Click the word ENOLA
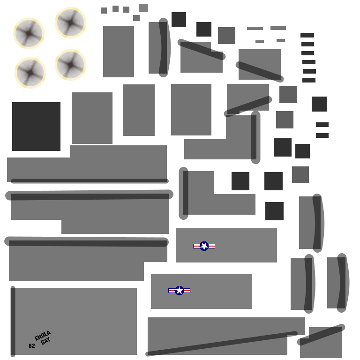pyautogui.click(x=43, y=336)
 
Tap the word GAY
pyautogui.click(x=45, y=341)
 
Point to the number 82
pyautogui.click(x=32, y=346)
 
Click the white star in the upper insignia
pyautogui.click(x=204, y=246)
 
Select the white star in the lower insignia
pyautogui.click(x=180, y=291)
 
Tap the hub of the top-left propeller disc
pyautogui.click(x=29, y=34)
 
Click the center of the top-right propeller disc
pyautogui.click(x=70, y=22)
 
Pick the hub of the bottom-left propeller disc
pyautogui.click(x=30, y=73)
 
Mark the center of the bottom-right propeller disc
pyautogui.click(x=70, y=65)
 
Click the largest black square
pyautogui.click(x=36, y=127)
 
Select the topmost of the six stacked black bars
pyautogui.click(x=307, y=35)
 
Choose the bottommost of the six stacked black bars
pyautogui.click(x=309, y=80)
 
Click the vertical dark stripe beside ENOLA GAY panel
pyautogui.click(x=13, y=322)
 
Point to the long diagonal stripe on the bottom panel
pyautogui.click(x=222, y=344)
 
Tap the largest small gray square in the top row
pyautogui.click(x=144, y=8)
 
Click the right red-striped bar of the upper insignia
pyautogui.click(x=211, y=246)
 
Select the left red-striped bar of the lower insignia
pyautogui.click(x=172, y=291)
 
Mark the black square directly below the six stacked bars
pyautogui.click(x=319, y=104)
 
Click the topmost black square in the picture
pyautogui.click(x=179, y=20)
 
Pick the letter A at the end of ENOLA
pyautogui.click(x=49, y=333)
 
